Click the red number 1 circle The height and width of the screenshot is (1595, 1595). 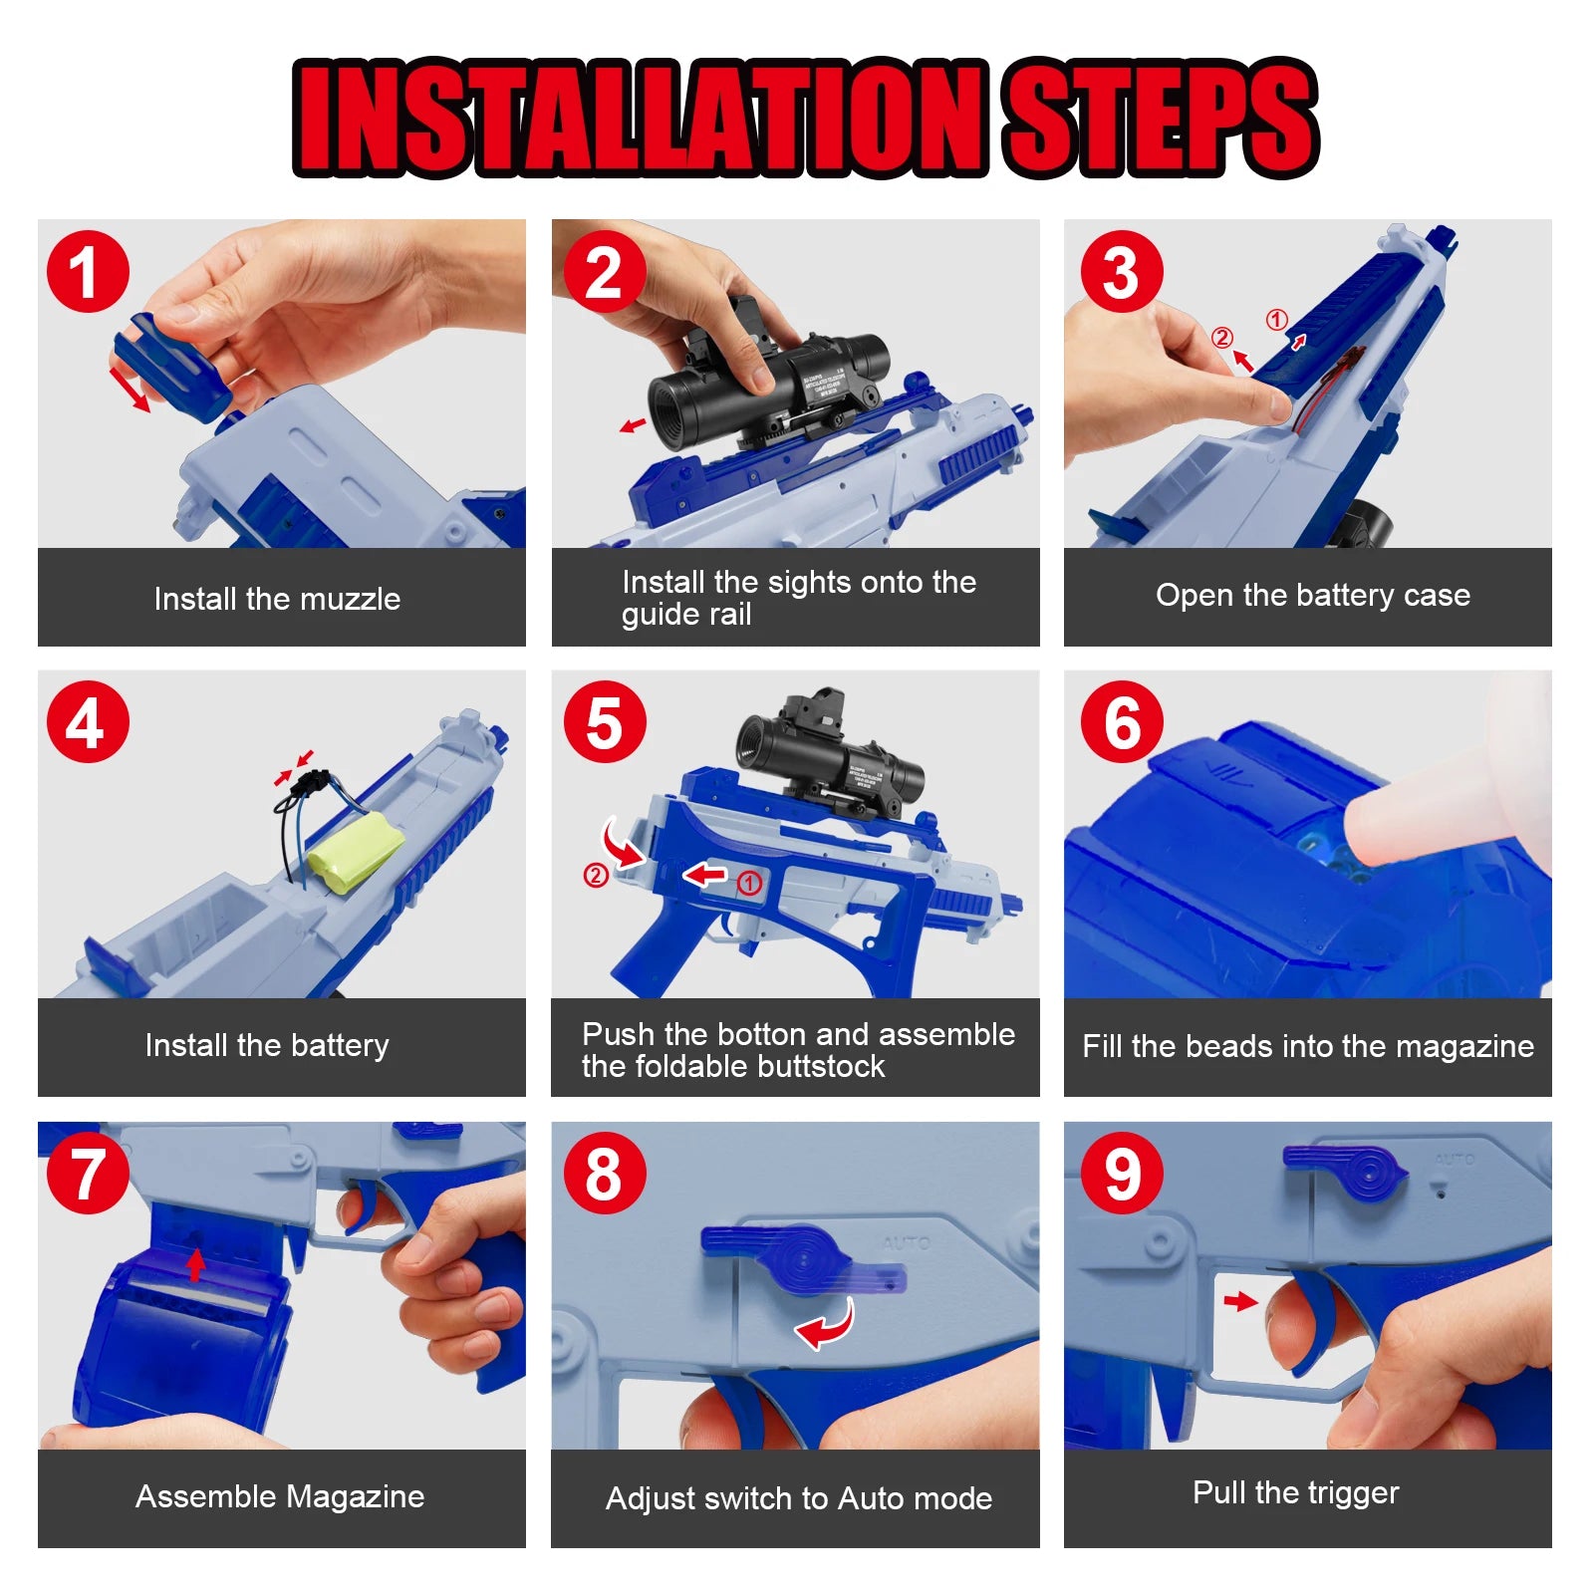[88, 272]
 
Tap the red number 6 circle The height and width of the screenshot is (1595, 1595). [1122, 722]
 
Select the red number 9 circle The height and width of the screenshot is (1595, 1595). [1122, 1174]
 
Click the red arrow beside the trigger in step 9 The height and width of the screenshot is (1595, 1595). [1240, 1301]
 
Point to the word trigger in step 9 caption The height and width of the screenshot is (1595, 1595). [1352, 1492]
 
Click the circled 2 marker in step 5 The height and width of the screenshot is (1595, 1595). [595, 876]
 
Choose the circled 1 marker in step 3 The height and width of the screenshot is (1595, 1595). [1276, 320]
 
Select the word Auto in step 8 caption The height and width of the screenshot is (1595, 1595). [869, 1498]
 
